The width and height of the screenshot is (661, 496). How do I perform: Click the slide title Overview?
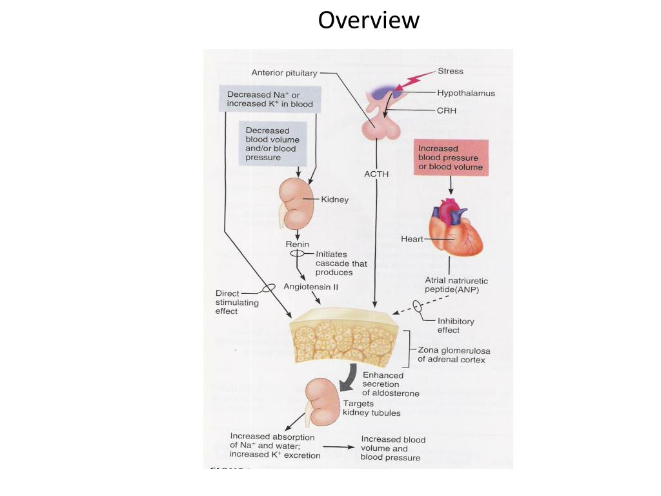369,20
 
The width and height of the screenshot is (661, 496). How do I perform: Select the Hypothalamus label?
466,93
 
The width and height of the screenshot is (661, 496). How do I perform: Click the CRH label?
447,110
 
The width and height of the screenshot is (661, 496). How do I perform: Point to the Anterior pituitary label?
284,73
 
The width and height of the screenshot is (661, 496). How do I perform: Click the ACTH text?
376,174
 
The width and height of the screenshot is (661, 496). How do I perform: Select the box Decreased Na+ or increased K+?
270,99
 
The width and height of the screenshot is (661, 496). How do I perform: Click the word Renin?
297,245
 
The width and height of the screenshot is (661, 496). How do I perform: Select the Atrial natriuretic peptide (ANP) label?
456,285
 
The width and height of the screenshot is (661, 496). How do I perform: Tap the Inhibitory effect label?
456,325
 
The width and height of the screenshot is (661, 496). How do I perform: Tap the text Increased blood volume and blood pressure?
393,448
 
